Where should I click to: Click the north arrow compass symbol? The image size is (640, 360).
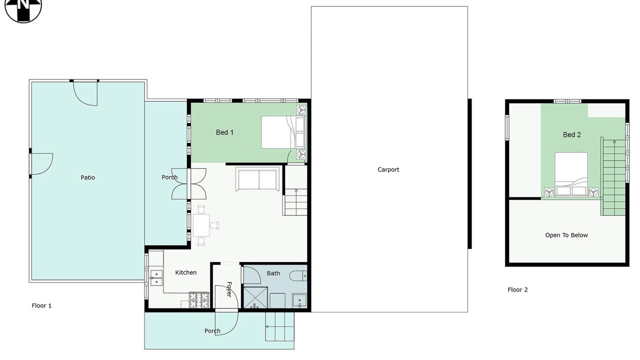(x=23, y=8)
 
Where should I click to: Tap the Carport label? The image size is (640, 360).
(x=388, y=169)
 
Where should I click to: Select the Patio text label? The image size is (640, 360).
(x=87, y=177)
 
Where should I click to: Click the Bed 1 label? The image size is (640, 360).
(x=224, y=132)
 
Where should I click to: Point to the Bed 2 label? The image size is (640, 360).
(x=571, y=134)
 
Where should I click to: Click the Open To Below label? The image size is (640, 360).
(x=566, y=235)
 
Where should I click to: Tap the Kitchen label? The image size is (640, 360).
(x=185, y=272)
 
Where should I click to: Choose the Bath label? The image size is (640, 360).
(x=273, y=273)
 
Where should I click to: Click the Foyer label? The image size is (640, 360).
(x=229, y=289)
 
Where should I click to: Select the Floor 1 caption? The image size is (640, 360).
(x=41, y=305)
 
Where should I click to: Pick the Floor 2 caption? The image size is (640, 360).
(x=517, y=289)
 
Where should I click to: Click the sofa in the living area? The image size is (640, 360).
(x=257, y=179)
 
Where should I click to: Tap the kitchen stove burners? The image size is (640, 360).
(x=199, y=300)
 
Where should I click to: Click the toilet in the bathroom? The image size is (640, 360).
(x=298, y=276)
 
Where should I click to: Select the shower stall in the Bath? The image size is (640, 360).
(x=255, y=298)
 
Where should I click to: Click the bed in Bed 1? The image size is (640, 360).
(x=283, y=132)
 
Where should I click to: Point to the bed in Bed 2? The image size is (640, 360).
(x=571, y=174)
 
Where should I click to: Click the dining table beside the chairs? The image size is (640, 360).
(x=201, y=225)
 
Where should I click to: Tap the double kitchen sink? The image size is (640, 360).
(x=156, y=277)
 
